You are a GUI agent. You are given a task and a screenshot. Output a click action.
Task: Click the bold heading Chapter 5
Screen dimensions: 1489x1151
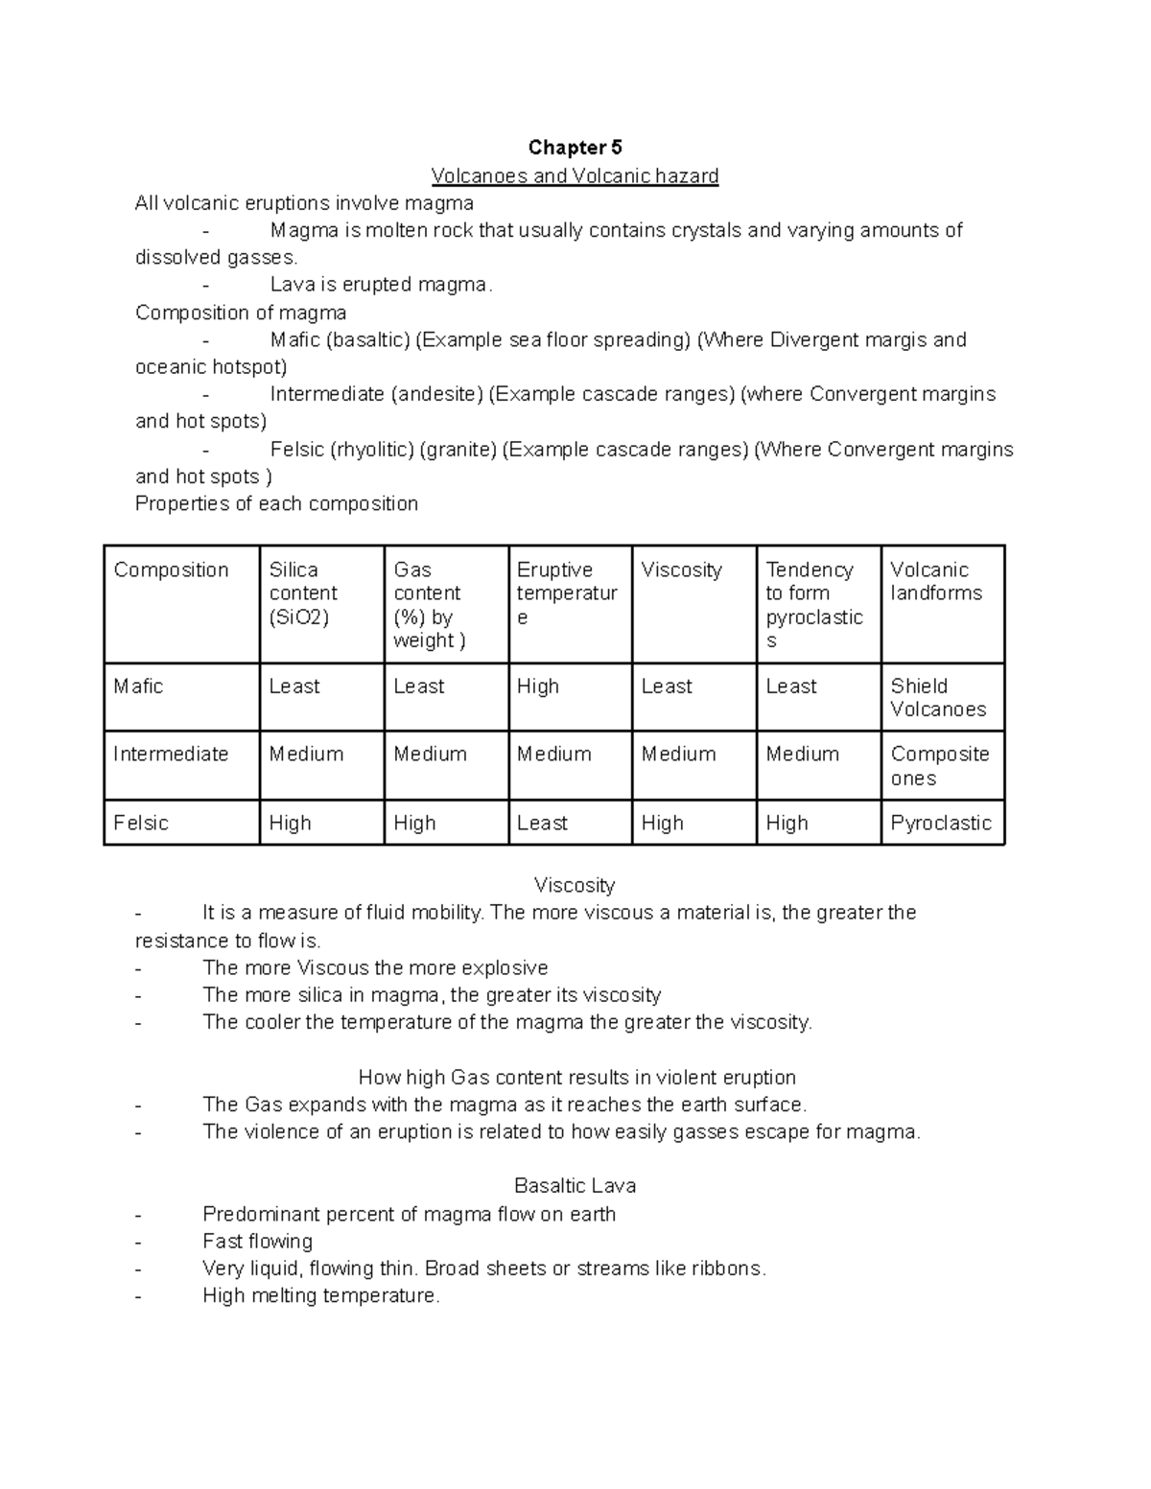coord(575,148)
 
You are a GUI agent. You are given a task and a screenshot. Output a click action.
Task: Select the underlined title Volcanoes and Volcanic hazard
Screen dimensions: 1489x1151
coord(575,175)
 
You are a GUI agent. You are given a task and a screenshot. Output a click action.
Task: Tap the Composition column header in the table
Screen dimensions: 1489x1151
coord(171,570)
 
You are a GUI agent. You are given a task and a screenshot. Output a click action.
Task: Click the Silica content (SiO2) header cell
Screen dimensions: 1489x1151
coord(303,593)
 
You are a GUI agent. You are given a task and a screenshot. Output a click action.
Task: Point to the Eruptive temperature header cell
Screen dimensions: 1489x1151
coord(566,593)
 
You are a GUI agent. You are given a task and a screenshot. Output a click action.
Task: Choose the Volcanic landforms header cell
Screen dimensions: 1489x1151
coord(936,582)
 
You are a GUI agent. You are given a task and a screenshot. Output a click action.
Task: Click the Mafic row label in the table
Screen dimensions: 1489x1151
coord(138,686)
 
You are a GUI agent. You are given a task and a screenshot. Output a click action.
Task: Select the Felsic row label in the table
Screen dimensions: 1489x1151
coord(141,824)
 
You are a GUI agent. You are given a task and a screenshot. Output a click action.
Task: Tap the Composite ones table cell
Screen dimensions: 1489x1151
coord(939,766)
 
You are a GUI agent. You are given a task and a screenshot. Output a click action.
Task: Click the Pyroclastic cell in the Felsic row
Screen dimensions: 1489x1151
coord(941,824)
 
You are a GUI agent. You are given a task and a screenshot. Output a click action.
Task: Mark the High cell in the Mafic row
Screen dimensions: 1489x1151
coord(538,686)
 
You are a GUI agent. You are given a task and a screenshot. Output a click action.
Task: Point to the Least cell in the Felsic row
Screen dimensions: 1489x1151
coord(542,824)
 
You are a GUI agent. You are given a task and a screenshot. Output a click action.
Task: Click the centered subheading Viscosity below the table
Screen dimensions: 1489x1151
coord(575,885)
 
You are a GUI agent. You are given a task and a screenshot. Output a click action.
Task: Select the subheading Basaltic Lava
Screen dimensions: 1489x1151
coord(575,1186)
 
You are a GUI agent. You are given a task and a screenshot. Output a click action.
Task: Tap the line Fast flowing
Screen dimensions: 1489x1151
coord(257,1242)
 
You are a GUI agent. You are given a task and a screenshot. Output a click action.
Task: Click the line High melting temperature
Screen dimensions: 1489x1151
coord(320,1296)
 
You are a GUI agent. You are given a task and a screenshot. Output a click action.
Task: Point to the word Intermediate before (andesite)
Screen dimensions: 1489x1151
coord(327,395)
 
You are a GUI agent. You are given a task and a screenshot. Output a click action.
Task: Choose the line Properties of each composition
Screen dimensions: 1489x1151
coord(276,504)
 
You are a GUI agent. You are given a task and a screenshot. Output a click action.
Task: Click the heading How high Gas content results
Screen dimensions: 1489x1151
coord(576,1078)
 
